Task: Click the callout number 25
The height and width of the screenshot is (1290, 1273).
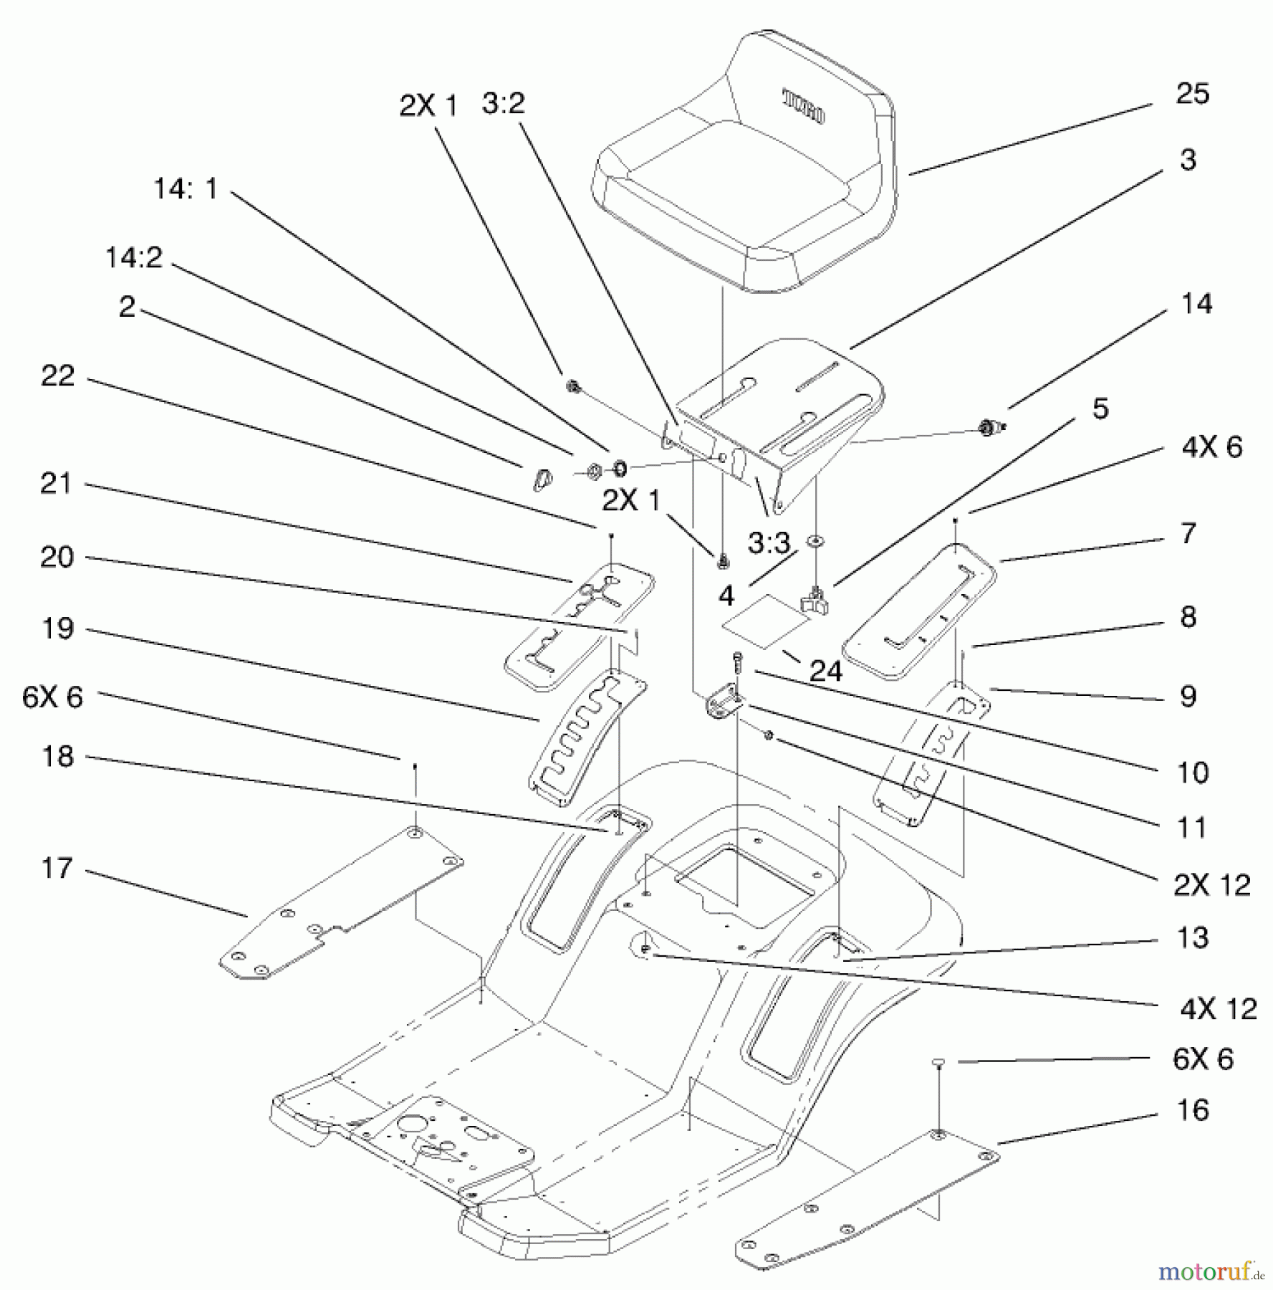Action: pos(1192,94)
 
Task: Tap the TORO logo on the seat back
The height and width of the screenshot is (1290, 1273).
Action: pos(804,107)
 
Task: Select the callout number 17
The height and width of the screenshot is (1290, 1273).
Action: pos(57,869)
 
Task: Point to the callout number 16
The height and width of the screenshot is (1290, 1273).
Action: pos(1192,1110)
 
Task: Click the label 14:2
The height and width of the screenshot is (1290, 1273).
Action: pos(134,257)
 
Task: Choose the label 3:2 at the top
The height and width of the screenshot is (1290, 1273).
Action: pos(503,103)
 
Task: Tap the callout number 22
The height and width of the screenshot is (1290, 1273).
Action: pos(57,376)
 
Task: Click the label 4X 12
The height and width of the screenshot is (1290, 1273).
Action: pos(1218,1009)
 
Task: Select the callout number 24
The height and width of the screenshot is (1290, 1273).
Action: pos(825,671)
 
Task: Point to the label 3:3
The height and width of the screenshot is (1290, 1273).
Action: pos(768,545)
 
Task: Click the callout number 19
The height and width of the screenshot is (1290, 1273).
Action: pos(57,629)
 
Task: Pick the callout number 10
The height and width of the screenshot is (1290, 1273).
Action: pos(1192,773)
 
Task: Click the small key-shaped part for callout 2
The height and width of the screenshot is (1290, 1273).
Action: pos(541,479)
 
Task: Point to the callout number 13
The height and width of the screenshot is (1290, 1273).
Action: pos(1192,937)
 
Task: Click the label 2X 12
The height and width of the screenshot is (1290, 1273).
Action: pos(1211,886)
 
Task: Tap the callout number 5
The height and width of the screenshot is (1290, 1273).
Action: pos(1100,408)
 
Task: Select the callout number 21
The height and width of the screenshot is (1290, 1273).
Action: pos(56,484)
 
